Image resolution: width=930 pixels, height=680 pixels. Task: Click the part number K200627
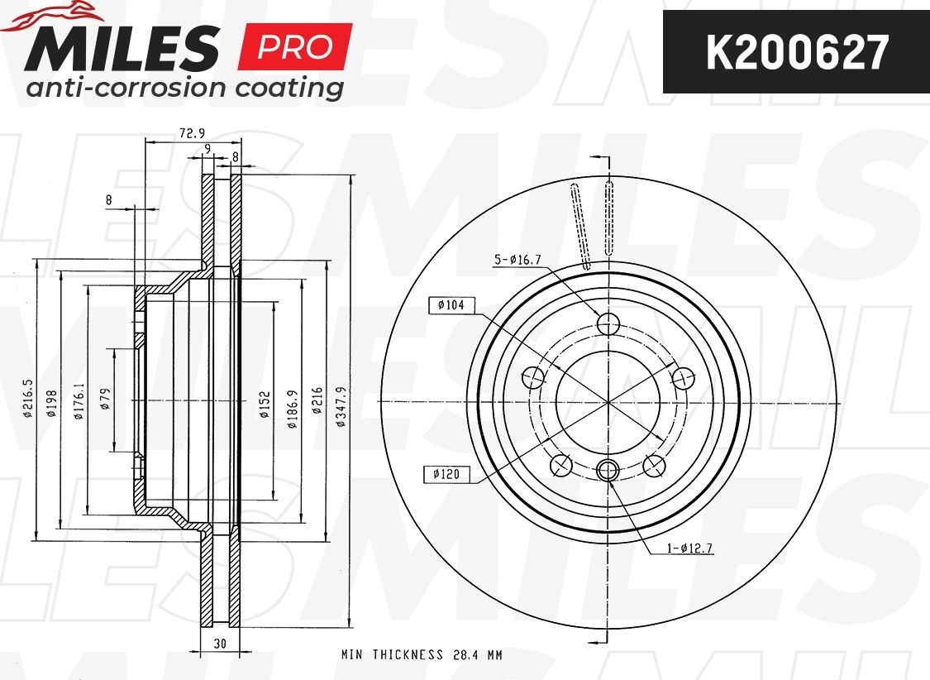click(x=797, y=52)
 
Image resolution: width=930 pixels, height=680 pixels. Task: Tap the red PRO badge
click(x=295, y=47)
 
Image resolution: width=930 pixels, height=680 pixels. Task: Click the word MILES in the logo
click(x=122, y=48)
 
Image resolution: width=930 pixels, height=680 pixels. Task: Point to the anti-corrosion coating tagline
click(x=184, y=88)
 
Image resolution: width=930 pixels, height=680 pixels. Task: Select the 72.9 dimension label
click(x=192, y=134)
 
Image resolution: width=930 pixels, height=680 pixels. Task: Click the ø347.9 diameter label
click(x=341, y=406)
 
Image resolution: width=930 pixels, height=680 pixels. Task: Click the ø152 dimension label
click(x=265, y=404)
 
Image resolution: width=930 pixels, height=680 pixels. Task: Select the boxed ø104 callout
click(x=451, y=305)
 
